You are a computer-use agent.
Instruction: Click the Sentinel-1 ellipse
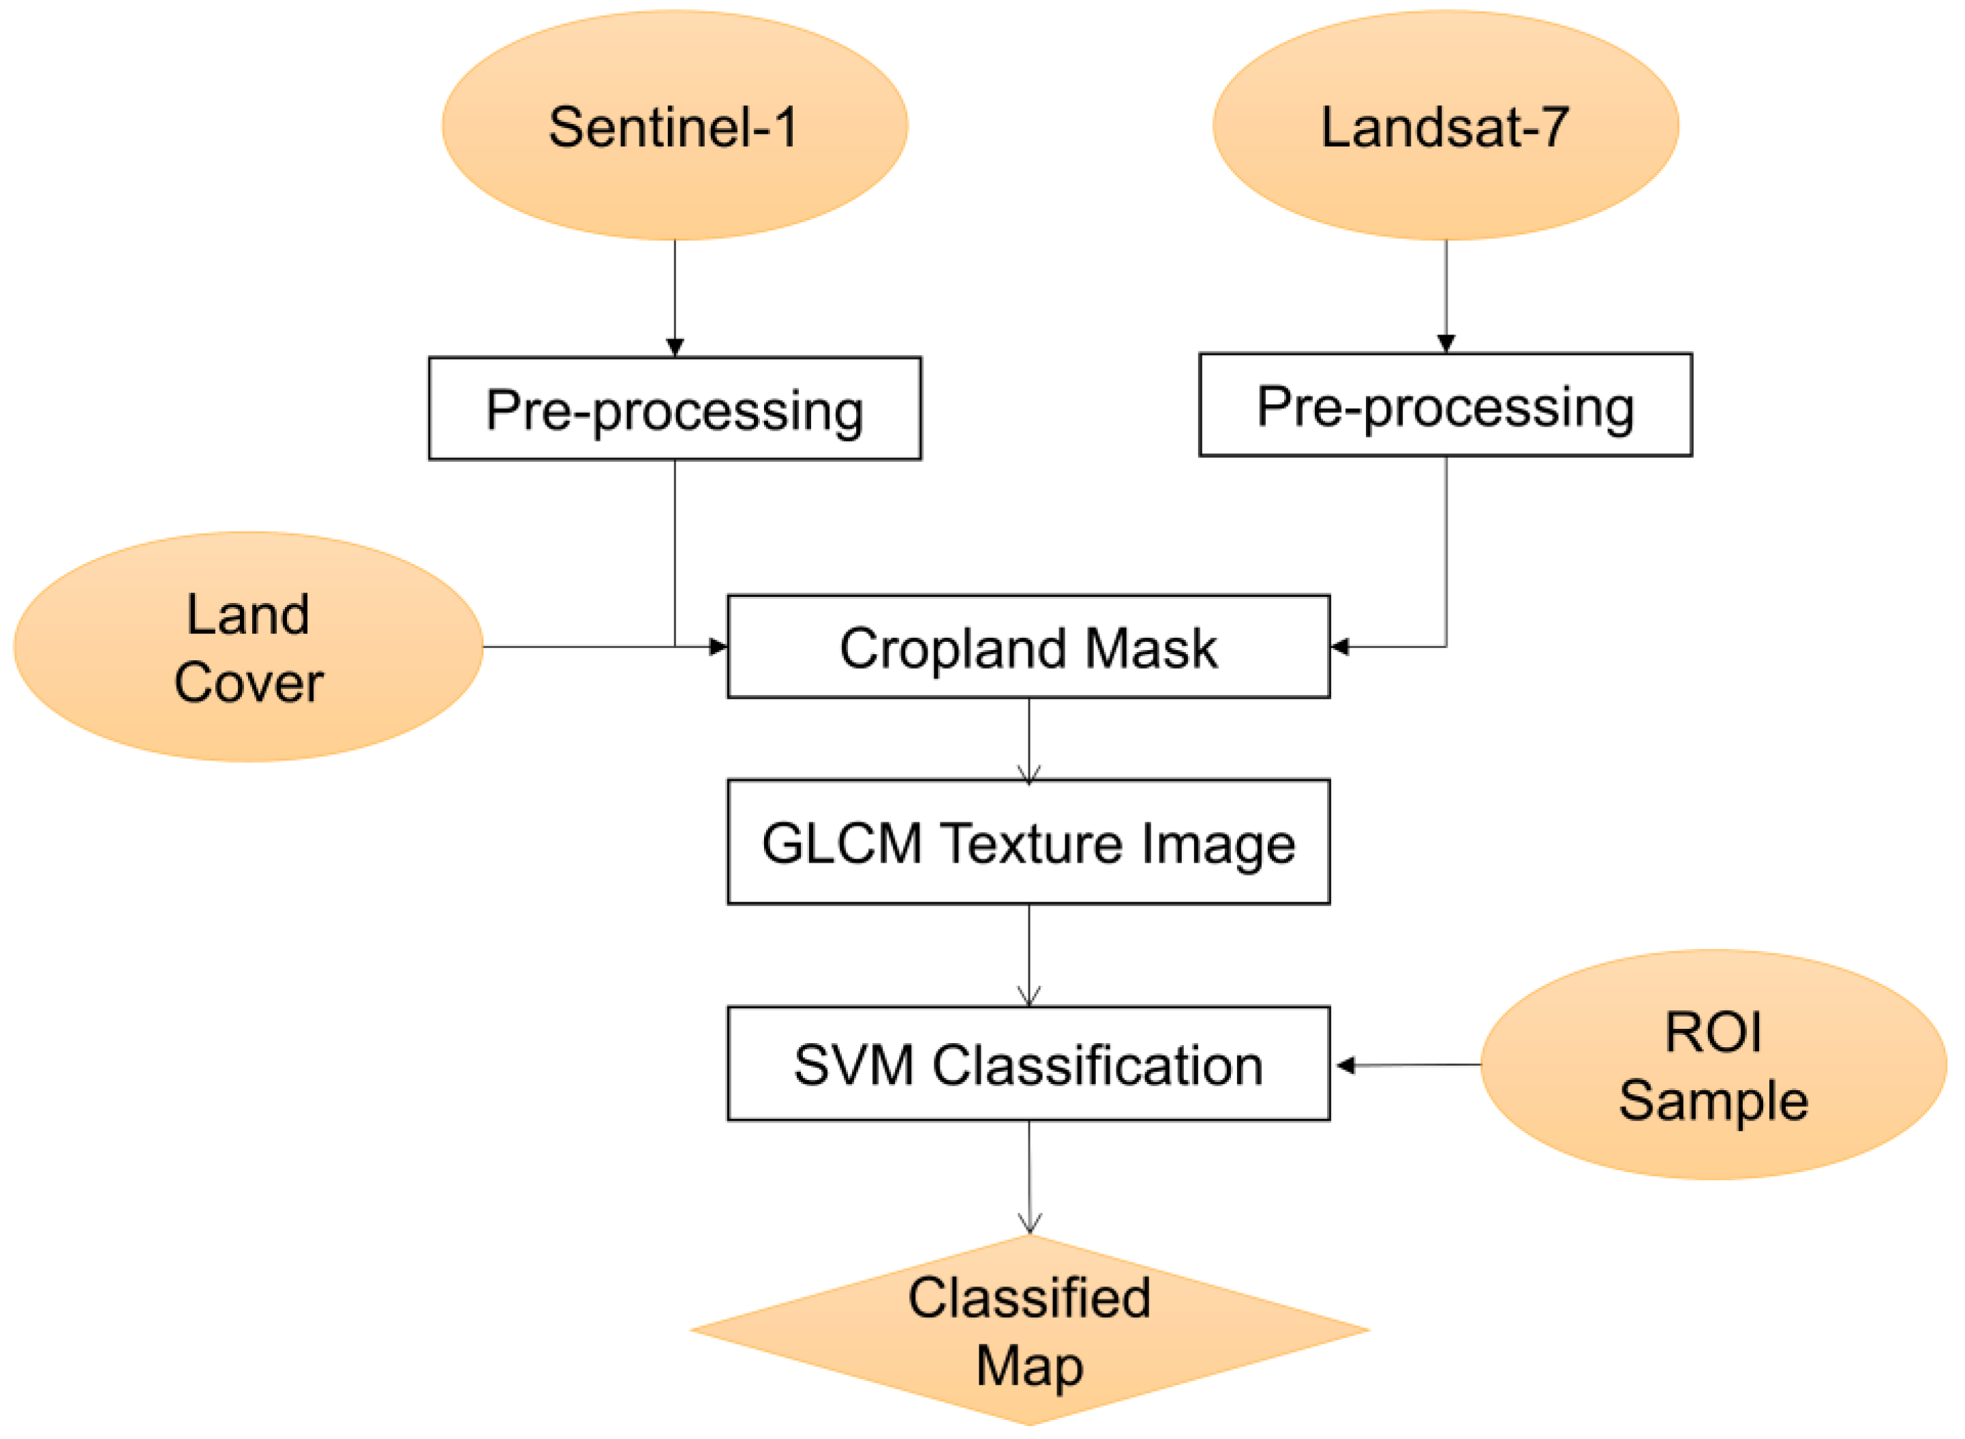(x=675, y=125)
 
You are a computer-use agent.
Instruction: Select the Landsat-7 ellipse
(x=1445, y=125)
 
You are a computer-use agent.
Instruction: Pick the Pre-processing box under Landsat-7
(x=1445, y=404)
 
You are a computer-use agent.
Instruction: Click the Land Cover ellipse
(x=248, y=647)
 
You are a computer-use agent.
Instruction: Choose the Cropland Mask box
(x=1029, y=647)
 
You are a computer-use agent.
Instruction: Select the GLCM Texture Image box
(x=1029, y=842)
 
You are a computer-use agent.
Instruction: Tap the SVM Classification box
(x=1029, y=1064)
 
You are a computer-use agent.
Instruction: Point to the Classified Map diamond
(x=1029, y=1330)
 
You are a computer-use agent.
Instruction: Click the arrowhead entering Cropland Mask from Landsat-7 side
(x=1340, y=647)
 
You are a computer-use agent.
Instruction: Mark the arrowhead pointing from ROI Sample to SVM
(x=1345, y=1064)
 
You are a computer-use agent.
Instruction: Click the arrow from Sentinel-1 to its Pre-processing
(x=675, y=296)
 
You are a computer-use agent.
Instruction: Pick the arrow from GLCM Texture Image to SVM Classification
(x=1029, y=955)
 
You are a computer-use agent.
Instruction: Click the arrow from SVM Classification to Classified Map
(x=1029, y=1176)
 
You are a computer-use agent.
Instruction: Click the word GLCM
(x=842, y=844)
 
